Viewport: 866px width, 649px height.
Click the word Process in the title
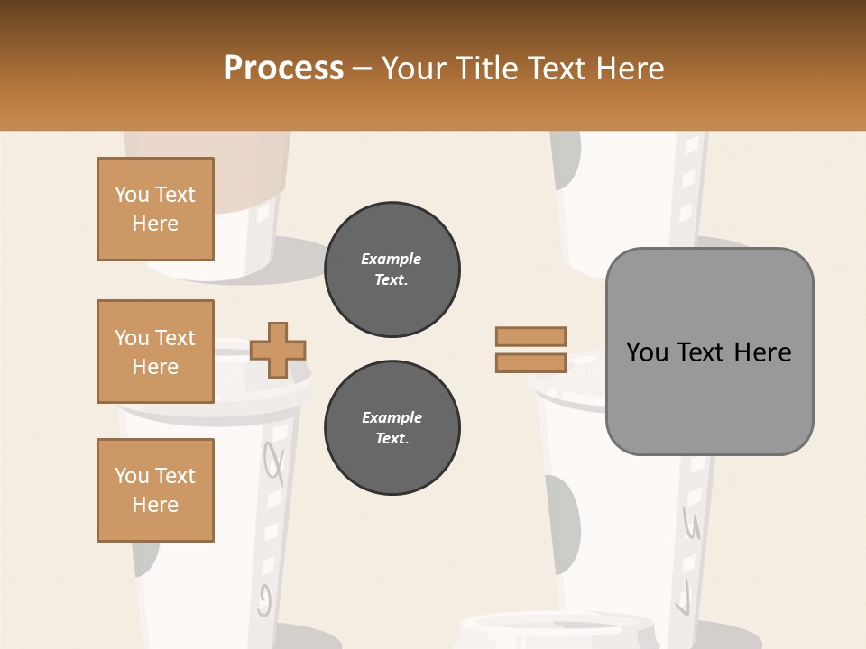pos(283,69)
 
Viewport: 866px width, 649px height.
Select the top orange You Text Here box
pos(155,209)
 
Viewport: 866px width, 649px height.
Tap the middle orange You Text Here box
pos(155,352)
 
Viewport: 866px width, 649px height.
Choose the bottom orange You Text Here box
pos(155,490)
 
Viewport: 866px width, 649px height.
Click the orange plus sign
pos(278,350)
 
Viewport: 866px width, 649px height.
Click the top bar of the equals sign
pos(530,336)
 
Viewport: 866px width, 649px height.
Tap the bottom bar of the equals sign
pos(530,362)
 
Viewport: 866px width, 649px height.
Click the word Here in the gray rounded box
pos(763,352)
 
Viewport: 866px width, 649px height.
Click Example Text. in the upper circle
pos(392,270)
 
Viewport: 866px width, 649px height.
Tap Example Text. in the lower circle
pos(392,428)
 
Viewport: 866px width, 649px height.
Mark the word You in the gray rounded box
pos(648,352)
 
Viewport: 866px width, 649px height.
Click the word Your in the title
pos(415,69)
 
